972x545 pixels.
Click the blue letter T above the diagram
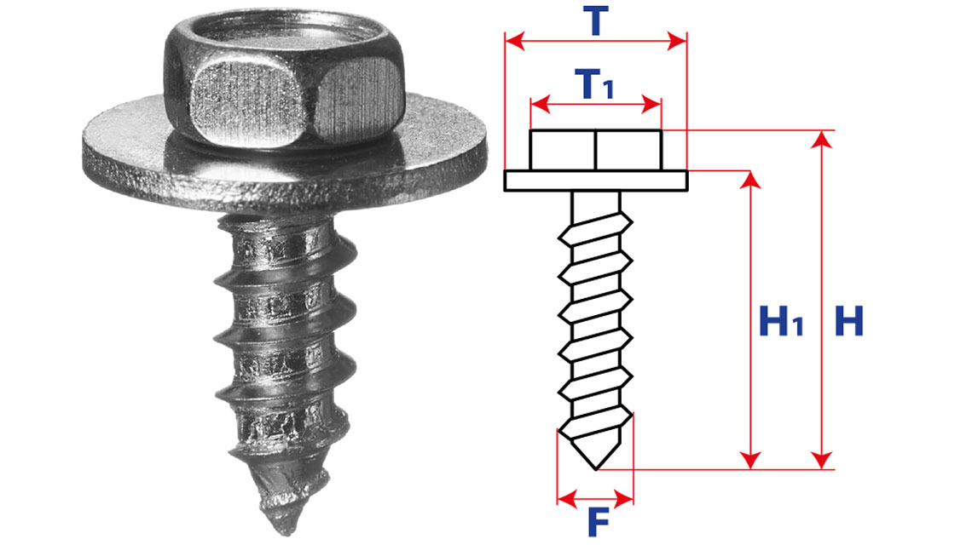596,21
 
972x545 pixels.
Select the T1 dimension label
594,84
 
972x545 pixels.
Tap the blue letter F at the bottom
599,523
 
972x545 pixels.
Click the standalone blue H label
848,321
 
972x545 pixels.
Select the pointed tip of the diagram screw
596,468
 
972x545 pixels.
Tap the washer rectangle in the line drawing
596,181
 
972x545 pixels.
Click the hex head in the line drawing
596,150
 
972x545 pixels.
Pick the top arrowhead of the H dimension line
822,140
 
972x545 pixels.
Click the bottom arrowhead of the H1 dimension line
750,460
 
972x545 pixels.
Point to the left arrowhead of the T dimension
515,42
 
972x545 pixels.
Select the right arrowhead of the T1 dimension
651,104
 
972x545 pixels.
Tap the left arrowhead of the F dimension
567,497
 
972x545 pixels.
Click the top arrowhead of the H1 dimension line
750,180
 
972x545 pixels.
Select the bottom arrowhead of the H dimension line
822,460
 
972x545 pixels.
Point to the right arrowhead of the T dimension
677,42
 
